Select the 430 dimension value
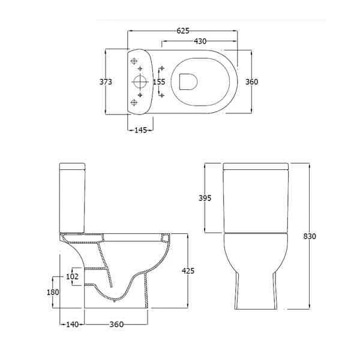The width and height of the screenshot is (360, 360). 200,41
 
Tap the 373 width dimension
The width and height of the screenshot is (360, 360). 106,82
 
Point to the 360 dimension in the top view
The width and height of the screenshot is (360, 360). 251,82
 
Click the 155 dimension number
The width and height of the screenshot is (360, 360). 158,82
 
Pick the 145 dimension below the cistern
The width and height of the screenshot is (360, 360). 140,129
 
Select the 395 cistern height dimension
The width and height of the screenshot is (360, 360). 205,198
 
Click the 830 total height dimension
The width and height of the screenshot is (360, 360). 309,236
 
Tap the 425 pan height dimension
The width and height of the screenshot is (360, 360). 188,271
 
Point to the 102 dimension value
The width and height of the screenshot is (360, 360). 73,277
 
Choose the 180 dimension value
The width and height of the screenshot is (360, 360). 53,292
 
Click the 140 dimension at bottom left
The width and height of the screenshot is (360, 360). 72,325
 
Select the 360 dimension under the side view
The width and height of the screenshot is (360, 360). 116,325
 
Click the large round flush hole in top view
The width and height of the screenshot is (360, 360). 139,82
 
